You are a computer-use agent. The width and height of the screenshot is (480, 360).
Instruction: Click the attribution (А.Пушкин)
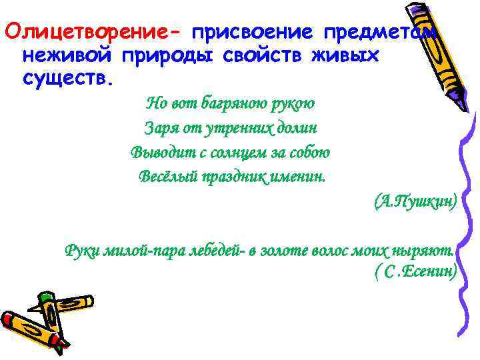(415, 201)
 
